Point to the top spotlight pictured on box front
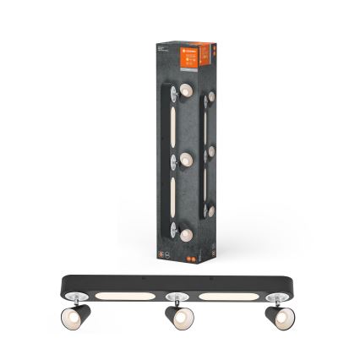tap(181, 90)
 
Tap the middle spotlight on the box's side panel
tap(209, 157)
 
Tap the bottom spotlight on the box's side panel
tap(210, 209)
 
